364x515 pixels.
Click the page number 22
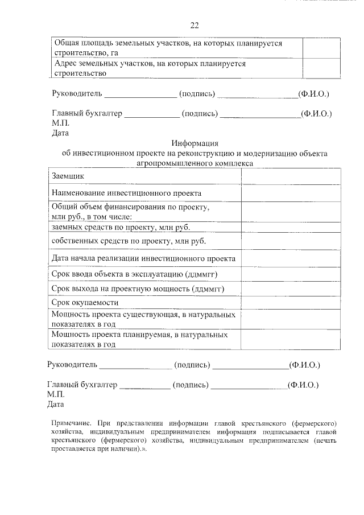coord(194,25)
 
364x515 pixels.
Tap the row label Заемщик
coord(68,177)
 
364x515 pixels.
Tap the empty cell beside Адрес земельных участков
coord(321,68)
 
